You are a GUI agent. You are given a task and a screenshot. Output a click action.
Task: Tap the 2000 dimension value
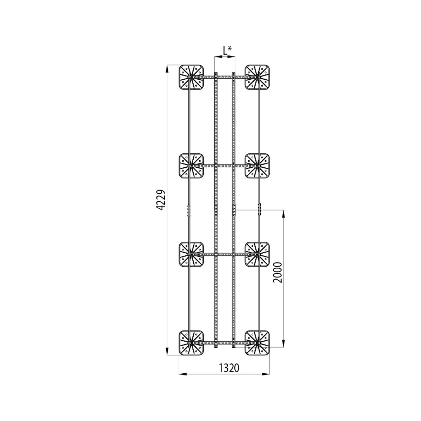point(278,273)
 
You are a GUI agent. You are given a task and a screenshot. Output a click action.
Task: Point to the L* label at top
point(227,51)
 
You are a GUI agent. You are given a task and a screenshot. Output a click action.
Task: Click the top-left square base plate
point(192,77)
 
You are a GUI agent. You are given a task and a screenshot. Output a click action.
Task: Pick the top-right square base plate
point(257,77)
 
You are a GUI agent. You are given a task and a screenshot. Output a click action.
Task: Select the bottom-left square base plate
point(192,343)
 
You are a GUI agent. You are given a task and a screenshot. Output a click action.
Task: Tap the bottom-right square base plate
point(257,343)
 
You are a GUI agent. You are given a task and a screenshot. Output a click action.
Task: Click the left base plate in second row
point(192,166)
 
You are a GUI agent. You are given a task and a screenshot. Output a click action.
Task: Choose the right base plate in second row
point(257,166)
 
